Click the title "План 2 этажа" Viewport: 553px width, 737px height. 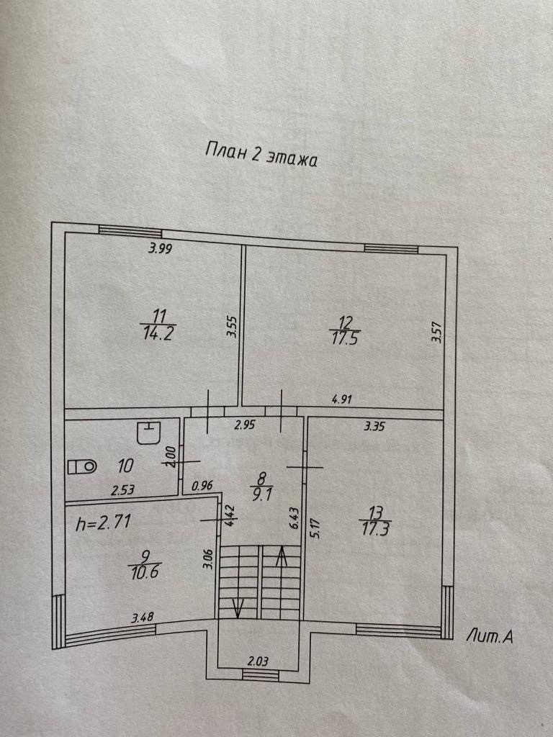coord(261,155)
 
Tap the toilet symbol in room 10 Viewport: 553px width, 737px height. coord(81,466)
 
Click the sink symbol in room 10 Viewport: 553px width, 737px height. coord(149,434)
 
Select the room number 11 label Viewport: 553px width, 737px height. coord(160,315)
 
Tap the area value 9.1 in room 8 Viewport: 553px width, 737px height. coord(261,495)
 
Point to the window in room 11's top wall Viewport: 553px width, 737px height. coord(130,231)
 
